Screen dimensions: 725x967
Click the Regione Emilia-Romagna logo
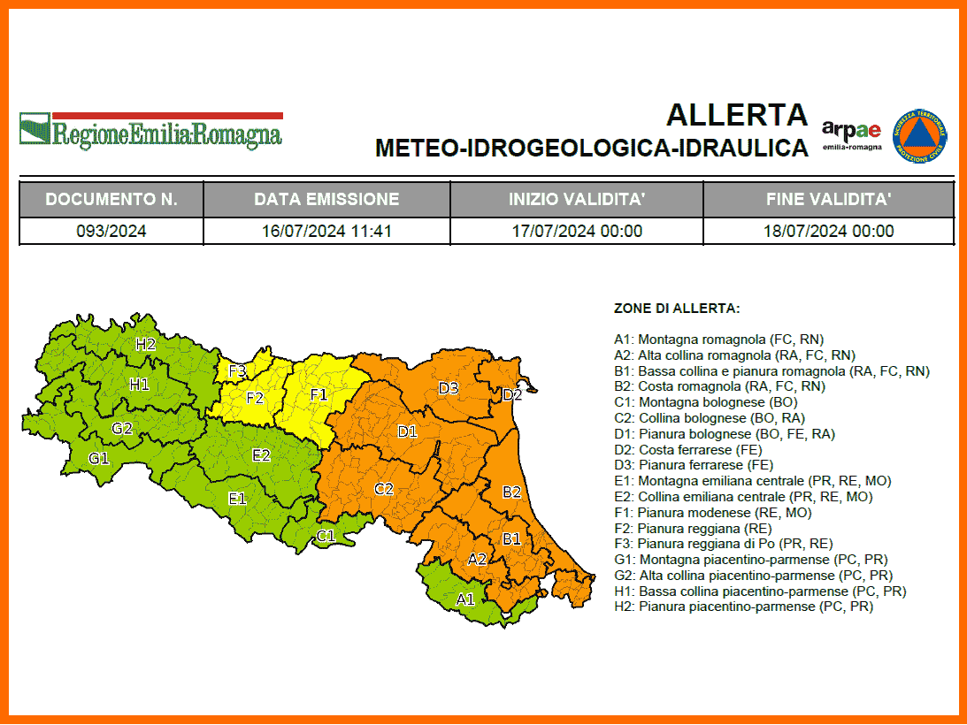[x=150, y=131]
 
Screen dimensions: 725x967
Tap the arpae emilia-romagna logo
[x=851, y=134]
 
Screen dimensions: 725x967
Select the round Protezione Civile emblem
[x=920, y=135]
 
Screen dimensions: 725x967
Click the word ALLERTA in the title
[x=737, y=115]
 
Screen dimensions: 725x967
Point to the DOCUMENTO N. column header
[x=111, y=199]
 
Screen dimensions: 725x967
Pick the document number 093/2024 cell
[x=111, y=232]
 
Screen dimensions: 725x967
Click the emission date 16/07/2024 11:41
[x=326, y=232]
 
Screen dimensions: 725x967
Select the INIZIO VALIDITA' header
[x=576, y=199]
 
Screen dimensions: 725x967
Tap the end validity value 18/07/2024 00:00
[x=828, y=232]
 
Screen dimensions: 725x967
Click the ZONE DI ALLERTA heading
[x=677, y=309]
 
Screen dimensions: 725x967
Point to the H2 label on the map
[x=145, y=344]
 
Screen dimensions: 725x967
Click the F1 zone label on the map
[x=319, y=394]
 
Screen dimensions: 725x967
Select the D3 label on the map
[x=449, y=387]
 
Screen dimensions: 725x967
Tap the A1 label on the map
[x=465, y=599]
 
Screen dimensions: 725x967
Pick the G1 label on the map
[x=98, y=458]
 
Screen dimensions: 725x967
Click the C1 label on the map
[x=326, y=535]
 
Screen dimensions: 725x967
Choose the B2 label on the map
[x=511, y=492]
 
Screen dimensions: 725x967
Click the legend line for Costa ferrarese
[x=694, y=449]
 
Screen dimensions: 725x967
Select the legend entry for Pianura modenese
[x=712, y=512]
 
